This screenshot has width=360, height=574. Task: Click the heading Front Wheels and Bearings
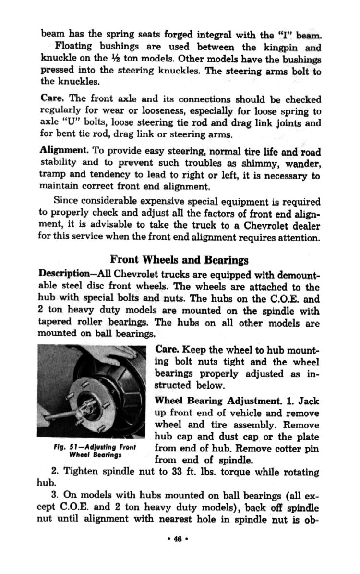[179, 260]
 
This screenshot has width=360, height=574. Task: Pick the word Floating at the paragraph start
[73, 47]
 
